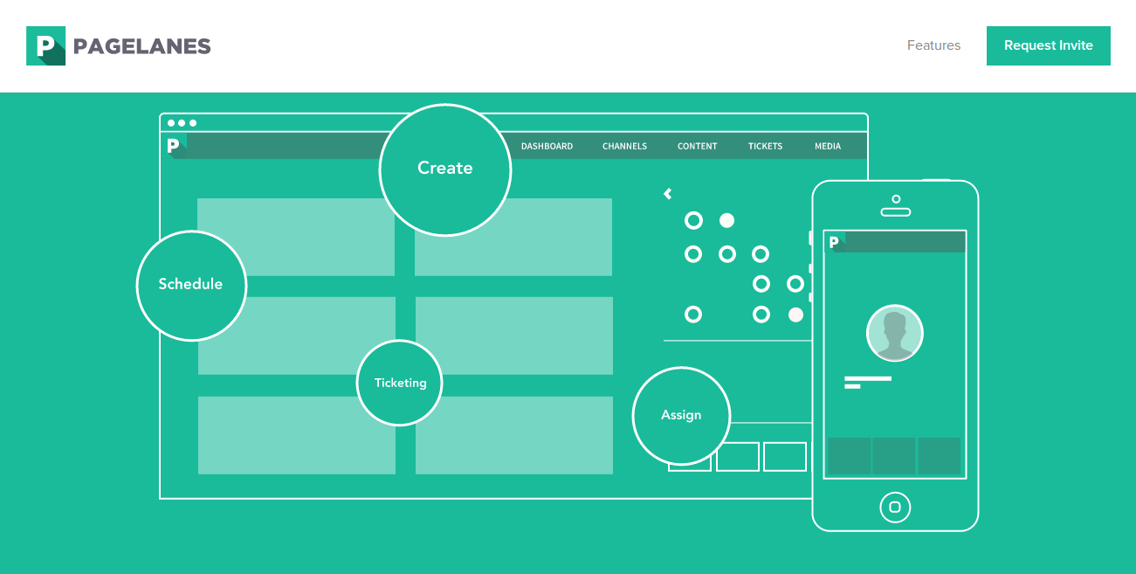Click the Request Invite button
pos(1048,45)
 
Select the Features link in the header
pos(933,45)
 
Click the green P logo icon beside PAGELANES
pos(45,45)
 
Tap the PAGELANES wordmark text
pos(142,46)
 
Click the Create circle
pos(444,169)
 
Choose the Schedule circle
pos(191,285)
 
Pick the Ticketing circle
pos(400,383)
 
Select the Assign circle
pos(681,415)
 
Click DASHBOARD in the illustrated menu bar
pos(547,146)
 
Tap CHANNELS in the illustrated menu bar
pos(624,146)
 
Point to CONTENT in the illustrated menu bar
pos(697,146)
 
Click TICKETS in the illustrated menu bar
pos(765,146)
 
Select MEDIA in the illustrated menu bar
pos(828,146)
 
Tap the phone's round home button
pos(895,507)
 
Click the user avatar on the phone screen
pos(894,333)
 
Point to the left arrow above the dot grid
pos(668,194)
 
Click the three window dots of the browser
pos(182,123)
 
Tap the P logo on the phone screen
pos(835,242)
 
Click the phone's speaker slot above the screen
pos(895,211)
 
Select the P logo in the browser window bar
pos(174,145)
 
